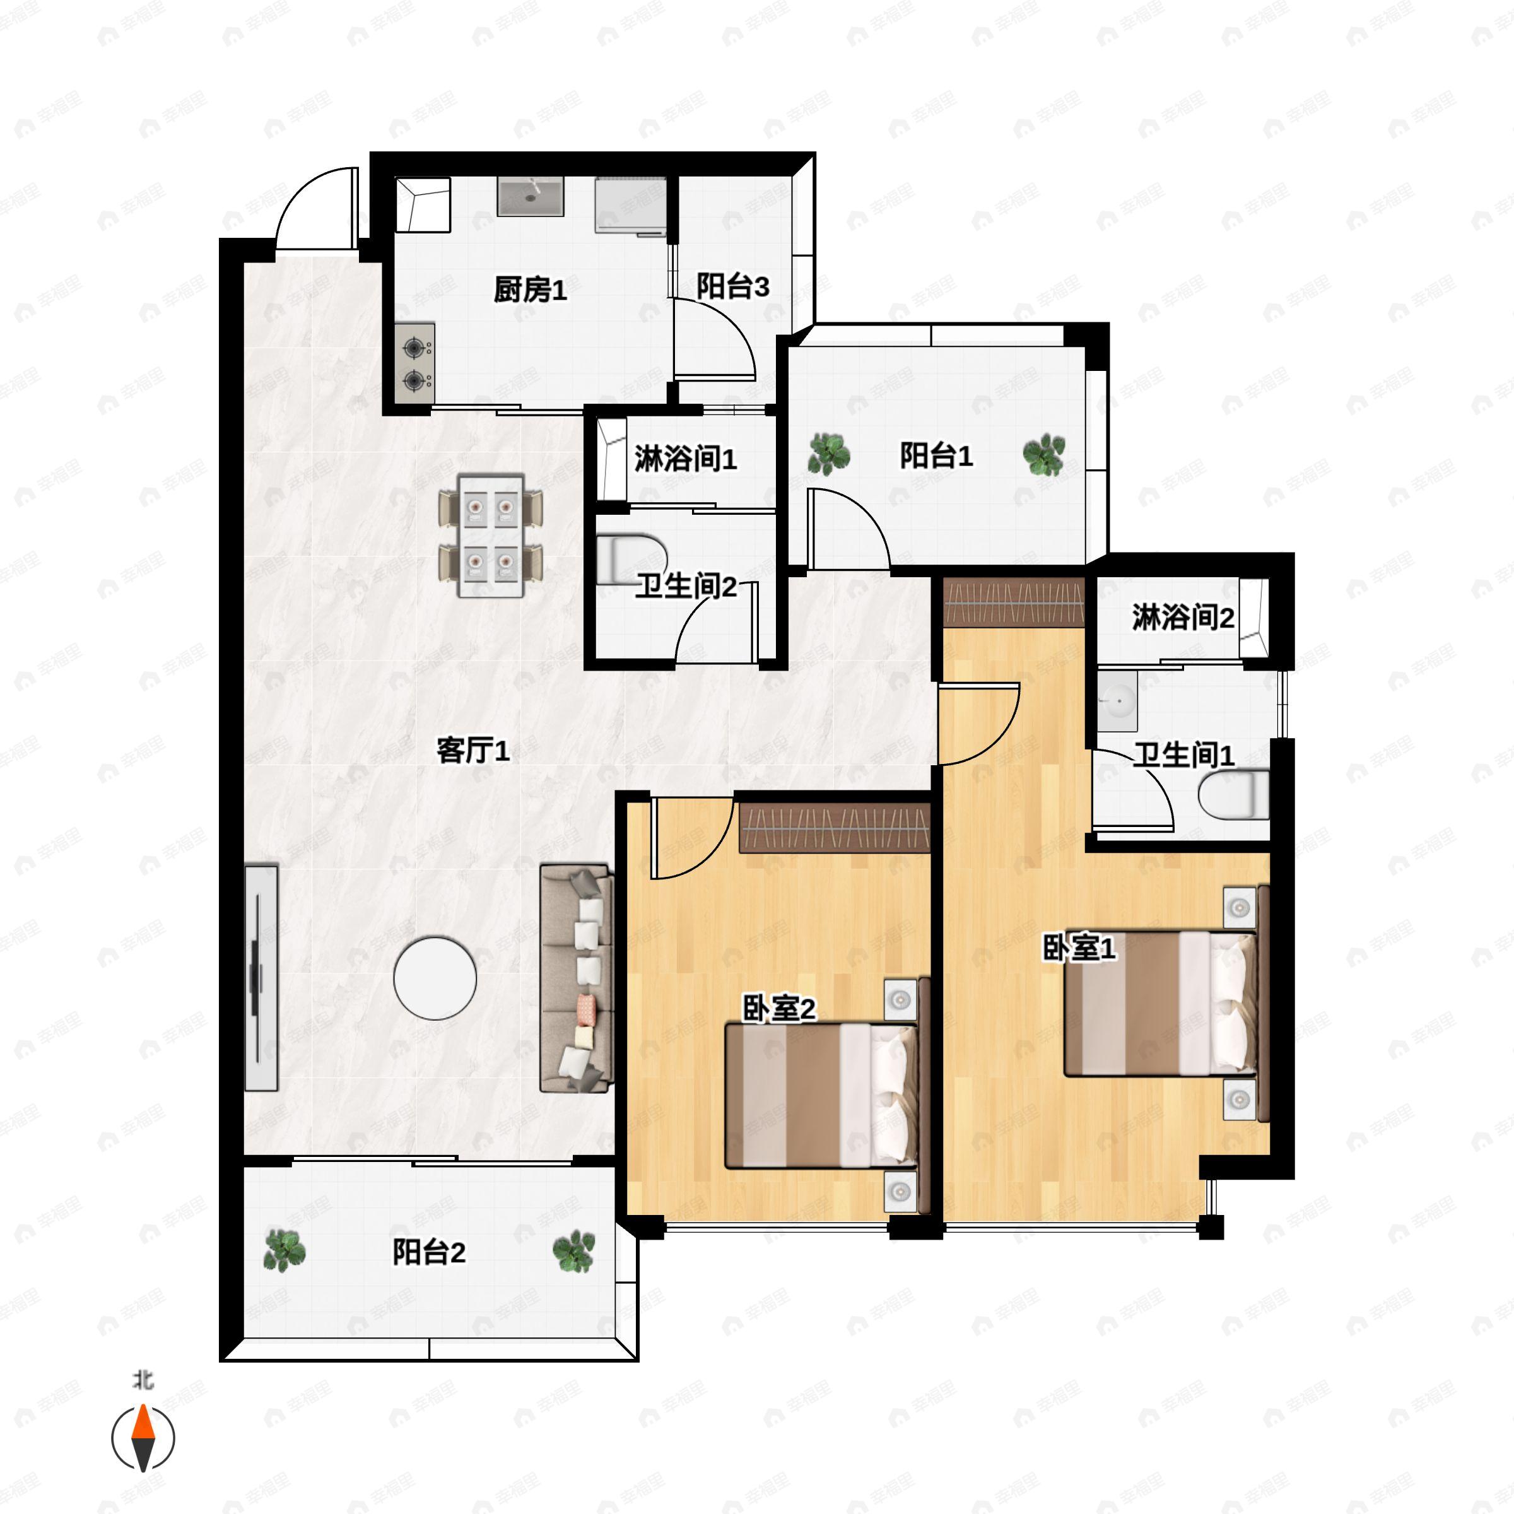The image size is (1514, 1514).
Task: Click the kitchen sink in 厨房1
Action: point(531,196)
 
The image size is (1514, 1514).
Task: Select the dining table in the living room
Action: point(491,535)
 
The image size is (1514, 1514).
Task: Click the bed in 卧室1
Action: point(1160,1003)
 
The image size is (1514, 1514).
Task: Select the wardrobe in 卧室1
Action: point(1013,602)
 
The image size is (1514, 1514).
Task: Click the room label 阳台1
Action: point(936,455)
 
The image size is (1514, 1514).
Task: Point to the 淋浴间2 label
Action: point(1183,618)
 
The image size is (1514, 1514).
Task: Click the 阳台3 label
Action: point(732,287)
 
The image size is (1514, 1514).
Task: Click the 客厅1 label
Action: point(472,751)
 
